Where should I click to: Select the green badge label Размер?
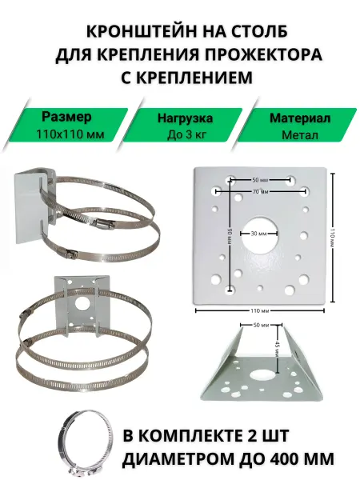click(x=66, y=117)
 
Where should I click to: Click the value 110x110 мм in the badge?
click(x=70, y=134)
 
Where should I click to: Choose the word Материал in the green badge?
click(x=300, y=118)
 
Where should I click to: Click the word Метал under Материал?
click(x=300, y=135)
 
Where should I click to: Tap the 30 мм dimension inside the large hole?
click(x=259, y=234)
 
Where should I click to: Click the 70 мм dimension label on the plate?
click(x=261, y=192)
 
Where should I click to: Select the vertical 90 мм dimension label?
click(x=230, y=236)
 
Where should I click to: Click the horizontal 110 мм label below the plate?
click(x=259, y=310)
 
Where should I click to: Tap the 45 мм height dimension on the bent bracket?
click(x=277, y=348)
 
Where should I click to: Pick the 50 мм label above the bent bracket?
click(x=261, y=325)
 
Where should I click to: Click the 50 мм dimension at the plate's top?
click(x=260, y=180)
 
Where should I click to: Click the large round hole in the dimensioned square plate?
click(x=259, y=235)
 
